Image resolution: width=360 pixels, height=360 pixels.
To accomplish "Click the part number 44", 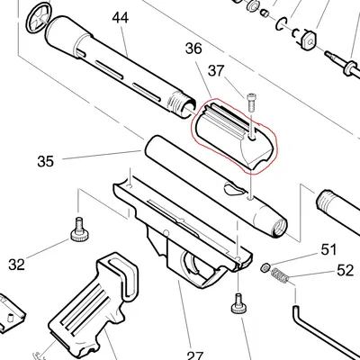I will click(x=120, y=17).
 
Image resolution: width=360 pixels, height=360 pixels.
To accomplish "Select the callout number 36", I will click(x=193, y=49).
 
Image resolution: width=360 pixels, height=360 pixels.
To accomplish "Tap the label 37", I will click(x=215, y=70).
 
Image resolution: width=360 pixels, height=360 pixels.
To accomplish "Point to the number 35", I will click(x=46, y=161).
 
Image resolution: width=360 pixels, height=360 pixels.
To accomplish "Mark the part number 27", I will click(x=195, y=355).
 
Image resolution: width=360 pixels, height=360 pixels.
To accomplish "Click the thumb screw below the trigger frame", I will click(x=239, y=303).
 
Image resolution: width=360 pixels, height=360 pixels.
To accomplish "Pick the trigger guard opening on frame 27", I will click(x=193, y=264).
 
